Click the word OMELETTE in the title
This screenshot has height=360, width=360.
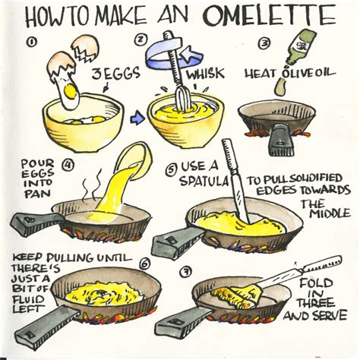[270, 16]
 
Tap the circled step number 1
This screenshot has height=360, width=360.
[30, 42]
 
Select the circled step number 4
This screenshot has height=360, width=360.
[68, 166]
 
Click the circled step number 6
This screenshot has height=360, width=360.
[144, 264]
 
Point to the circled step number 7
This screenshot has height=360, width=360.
[185, 272]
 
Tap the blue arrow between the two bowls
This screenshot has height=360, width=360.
[137, 118]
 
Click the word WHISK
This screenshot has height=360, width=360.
[205, 72]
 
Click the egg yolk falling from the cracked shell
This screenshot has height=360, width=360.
[71, 91]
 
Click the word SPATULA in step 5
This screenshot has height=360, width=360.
[204, 181]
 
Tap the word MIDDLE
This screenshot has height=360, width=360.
[330, 214]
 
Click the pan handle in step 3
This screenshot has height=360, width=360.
[281, 140]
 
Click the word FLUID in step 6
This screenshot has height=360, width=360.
[28, 299]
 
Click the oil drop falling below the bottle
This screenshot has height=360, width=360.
[280, 87]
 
